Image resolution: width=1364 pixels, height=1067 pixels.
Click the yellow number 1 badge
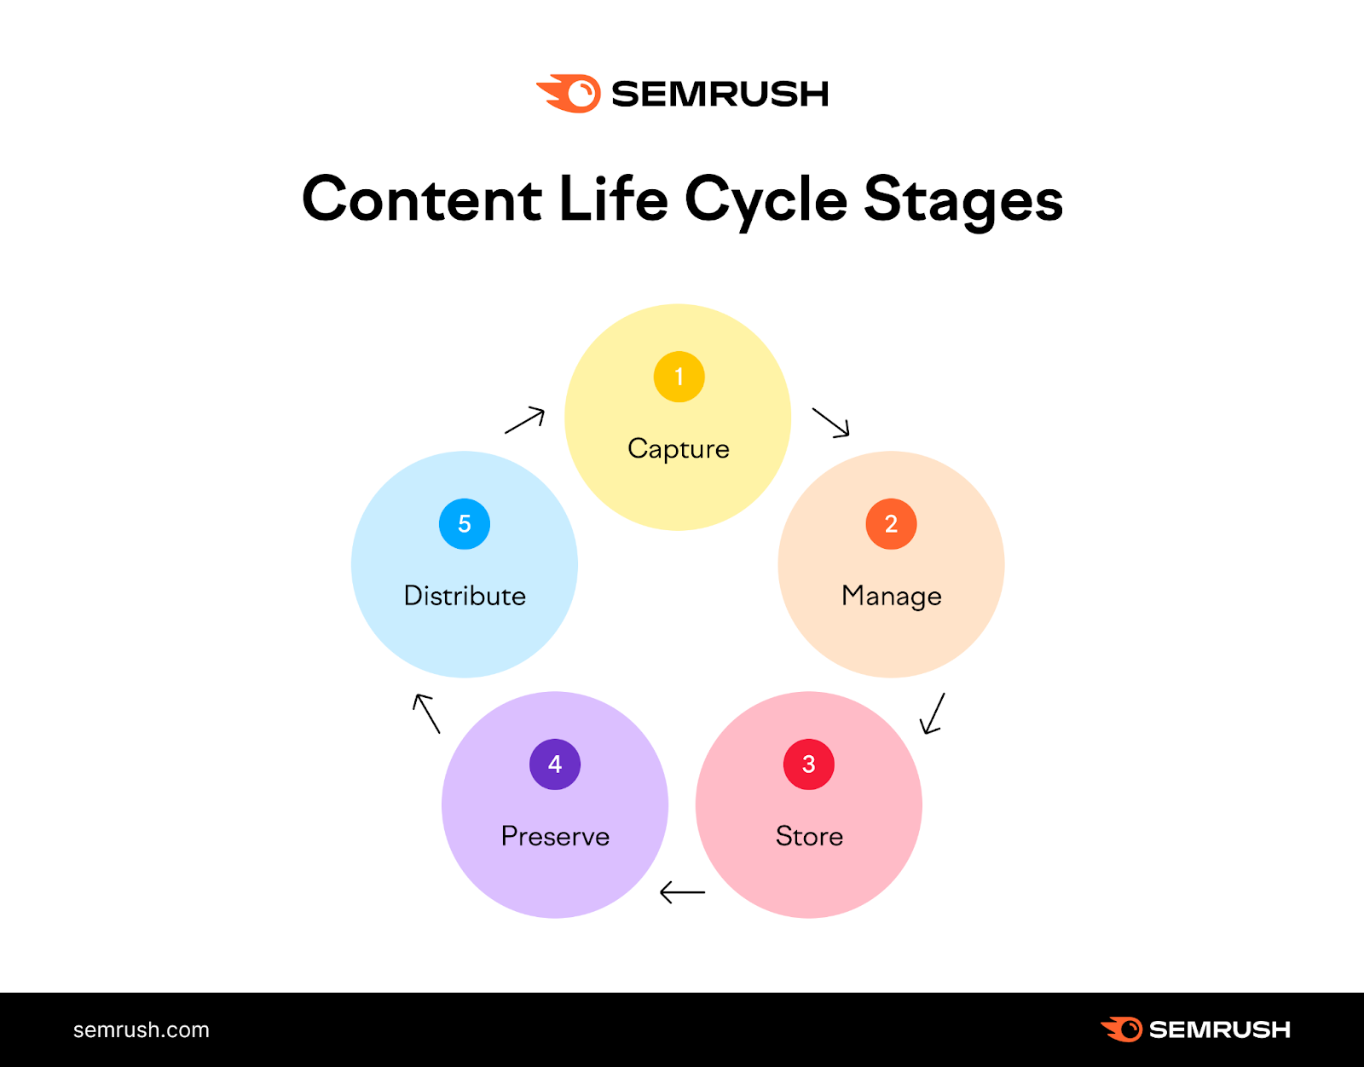pos(679,377)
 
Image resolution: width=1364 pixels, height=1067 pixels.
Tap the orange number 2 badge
pos(891,524)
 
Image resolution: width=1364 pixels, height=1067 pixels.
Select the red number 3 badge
pos(808,764)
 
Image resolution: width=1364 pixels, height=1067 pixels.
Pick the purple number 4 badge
pos(555,764)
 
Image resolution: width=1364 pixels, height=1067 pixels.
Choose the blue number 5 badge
pos(465,524)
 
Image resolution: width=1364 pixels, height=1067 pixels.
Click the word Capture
pos(679,449)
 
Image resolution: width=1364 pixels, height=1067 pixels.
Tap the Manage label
pos(891,596)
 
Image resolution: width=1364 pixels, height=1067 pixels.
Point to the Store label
pos(809,836)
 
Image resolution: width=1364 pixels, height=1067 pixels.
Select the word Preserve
pos(555,836)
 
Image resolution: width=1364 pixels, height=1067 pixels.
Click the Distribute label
pos(465,596)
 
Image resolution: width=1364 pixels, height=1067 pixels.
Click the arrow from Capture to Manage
pos(831,422)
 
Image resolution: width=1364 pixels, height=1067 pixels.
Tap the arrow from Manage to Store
pos(933,713)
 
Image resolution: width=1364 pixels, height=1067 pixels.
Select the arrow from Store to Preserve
pos(683,892)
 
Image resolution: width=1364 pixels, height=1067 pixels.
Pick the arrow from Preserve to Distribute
pos(426,713)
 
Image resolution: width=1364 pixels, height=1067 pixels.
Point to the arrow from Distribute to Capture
pos(524,420)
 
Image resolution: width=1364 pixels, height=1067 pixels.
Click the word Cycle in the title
pos(766,200)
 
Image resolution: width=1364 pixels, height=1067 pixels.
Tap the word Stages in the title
pos(963,200)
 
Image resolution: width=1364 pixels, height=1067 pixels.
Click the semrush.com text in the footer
pos(142,1030)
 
